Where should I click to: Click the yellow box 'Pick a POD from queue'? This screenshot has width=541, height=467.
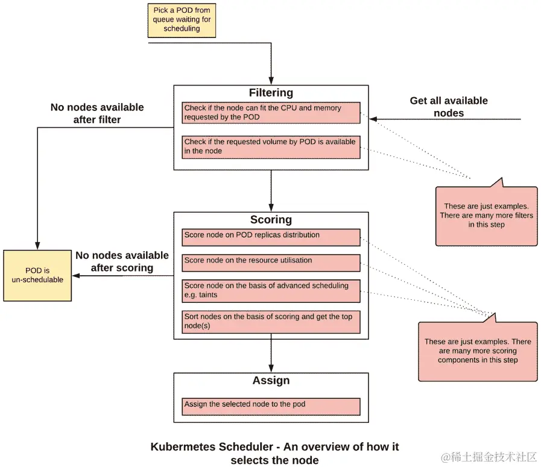pyautogui.click(x=182, y=20)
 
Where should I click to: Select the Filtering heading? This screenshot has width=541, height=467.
pyautogui.click(x=271, y=93)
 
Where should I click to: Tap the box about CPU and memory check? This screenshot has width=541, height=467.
pyautogui.click(x=271, y=113)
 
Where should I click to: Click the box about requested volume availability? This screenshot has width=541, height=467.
pyautogui.click(x=271, y=147)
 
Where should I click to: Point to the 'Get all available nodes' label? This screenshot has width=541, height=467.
pyautogui.click(x=449, y=107)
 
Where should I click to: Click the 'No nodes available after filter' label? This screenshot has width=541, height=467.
pyautogui.click(x=97, y=113)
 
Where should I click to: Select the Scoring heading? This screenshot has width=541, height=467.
pyautogui.click(x=271, y=220)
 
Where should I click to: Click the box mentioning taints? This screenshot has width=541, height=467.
pyautogui.click(x=271, y=290)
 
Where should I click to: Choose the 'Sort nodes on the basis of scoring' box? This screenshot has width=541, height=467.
pyautogui.click(x=271, y=322)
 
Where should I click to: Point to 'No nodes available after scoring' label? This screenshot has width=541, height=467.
pyautogui.click(x=122, y=261)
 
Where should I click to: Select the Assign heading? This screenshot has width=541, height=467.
pyautogui.click(x=271, y=381)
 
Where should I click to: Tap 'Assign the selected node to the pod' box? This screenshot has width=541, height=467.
pyautogui.click(x=271, y=405)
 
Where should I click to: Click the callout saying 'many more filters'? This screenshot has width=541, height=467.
pyautogui.click(x=486, y=215)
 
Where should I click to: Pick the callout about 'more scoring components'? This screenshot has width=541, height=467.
pyautogui.click(x=477, y=351)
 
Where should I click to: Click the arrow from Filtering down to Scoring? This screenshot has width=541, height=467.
pyautogui.click(x=271, y=191)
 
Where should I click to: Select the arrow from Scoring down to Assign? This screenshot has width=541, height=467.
pyautogui.click(x=271, y=354)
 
